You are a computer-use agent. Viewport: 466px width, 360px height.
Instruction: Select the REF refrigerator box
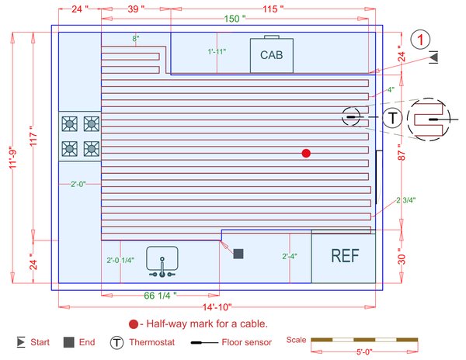tap(343, 257)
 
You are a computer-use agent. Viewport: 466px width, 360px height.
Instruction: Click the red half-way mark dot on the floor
tap(306, 154)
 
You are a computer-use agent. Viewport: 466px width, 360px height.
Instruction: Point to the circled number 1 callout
tap(420, 39)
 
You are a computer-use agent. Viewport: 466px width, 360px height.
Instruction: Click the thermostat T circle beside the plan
tap(394, 117)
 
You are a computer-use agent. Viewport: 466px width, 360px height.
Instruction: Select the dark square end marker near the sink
tap(238, 254)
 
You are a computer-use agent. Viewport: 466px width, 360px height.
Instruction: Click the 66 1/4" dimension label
tap(161, 296)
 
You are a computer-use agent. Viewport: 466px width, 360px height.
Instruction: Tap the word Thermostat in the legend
tap(154, 341)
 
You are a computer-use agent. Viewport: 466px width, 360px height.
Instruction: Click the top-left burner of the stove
tap(69, 123)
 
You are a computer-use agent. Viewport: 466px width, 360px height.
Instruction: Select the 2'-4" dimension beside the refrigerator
tap(290, 255)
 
